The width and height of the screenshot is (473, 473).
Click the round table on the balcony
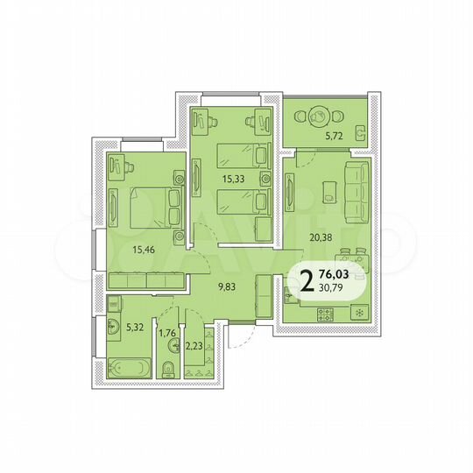319,114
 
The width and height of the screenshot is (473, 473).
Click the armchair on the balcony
361,133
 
